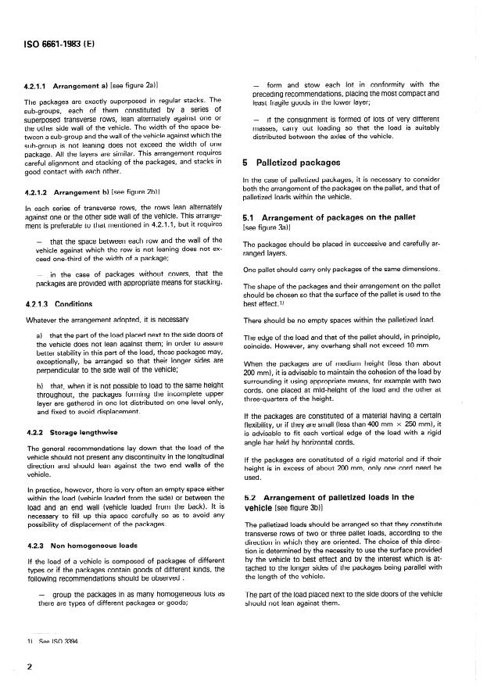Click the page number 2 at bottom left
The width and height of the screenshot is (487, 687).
click(x=29, y=667)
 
